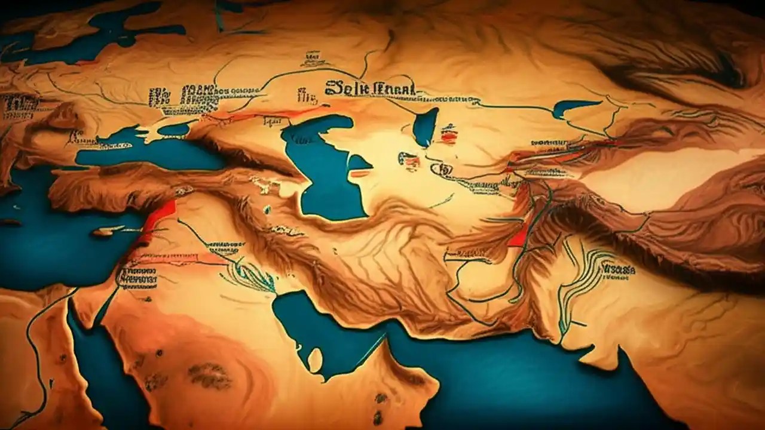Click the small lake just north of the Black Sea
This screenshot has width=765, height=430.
(173, 129)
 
